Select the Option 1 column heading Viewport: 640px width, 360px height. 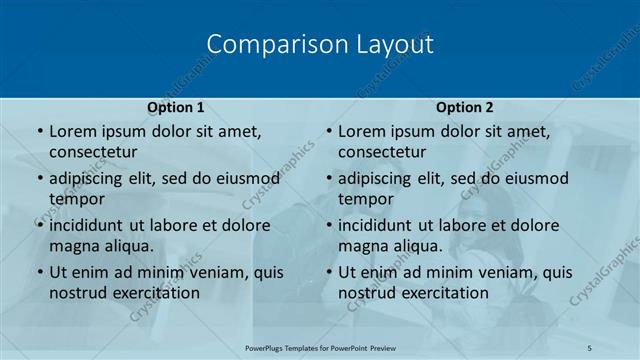(x=176, y=107)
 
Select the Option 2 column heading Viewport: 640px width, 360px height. (x=465, y=107)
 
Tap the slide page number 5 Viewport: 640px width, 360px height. (x=590, y=347)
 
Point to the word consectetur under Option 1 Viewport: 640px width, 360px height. (x=93, y=152)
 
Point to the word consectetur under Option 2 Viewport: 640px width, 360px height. (x=382, y=152)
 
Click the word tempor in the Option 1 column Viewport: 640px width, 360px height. (x=76, y=199)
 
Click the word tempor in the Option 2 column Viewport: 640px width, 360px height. (x=365, y=199)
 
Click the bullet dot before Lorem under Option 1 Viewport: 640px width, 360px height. (x=39, y=131)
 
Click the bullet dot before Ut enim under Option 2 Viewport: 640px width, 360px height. (x=328, y=272)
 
